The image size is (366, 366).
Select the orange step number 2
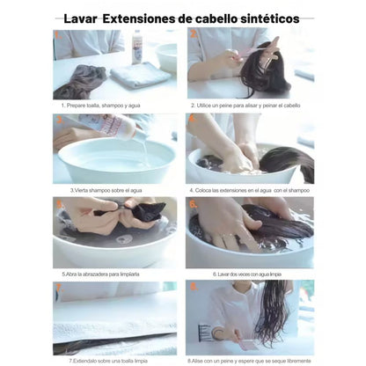tap(194, 34)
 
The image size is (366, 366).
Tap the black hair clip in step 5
tap(141, 212)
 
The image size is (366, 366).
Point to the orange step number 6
tap(194, 203)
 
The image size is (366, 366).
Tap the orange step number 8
tap(194, 288)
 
